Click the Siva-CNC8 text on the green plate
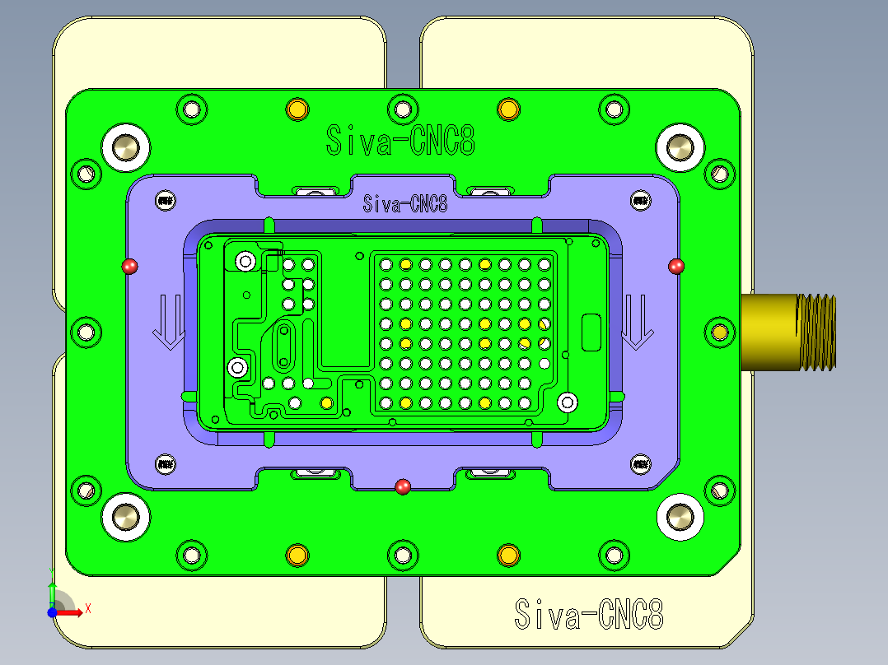click(x=400, y=140)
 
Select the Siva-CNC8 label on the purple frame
click(x=405, y=203)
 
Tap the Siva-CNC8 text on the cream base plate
click(x=588, y=614)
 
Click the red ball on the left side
click(x=129, y=266)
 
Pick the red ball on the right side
click(x=676, y=266)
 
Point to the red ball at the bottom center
click(x=403, y=486)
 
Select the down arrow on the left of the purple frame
click(x=169, y=323)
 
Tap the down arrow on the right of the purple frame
click(x=636, y=323)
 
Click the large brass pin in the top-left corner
click(x=126, y=146)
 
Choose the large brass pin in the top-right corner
click(x=680, y=146)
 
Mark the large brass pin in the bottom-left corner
click(x=126, y=517)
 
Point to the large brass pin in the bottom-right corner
click(x=680, y=517)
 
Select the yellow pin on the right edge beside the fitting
click(x=720, y=332)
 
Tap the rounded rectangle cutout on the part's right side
click(x=591, y=332)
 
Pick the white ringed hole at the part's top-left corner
click(x=245, y=261)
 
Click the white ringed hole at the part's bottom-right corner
click(x=567, y=402)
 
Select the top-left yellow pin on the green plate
click(x=297, y=109)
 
